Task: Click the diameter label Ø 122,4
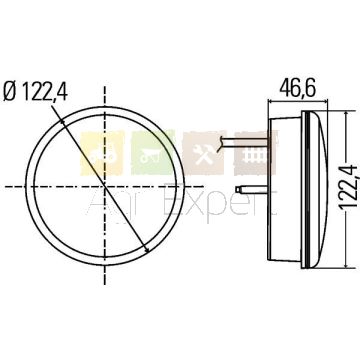36,92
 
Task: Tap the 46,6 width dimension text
298,88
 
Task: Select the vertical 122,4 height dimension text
349,187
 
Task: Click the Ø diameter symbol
10,92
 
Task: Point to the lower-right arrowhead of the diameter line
146,248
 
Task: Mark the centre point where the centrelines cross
105,186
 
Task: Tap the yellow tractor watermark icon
102,153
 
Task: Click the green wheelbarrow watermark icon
153,153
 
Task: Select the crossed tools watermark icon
203,153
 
